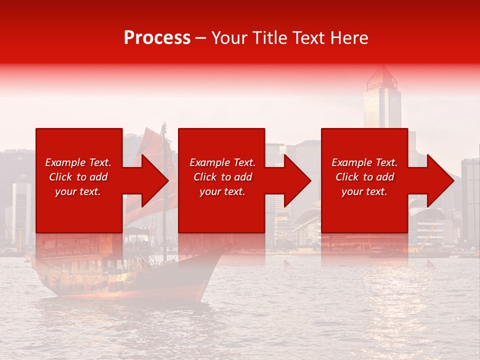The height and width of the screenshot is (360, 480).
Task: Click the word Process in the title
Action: [x=157, y=38]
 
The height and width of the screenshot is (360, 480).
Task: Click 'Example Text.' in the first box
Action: [x=78, y=162]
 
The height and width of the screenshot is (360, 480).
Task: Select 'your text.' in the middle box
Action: [x=222, y=191]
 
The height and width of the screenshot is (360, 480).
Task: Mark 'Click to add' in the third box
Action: [x=364, y=177]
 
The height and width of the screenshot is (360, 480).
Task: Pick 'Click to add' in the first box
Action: [x=78, y=177]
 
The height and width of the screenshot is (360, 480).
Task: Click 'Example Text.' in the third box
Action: [x=364, y=162]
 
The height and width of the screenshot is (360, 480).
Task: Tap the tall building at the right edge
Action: [x=470, y=200]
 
